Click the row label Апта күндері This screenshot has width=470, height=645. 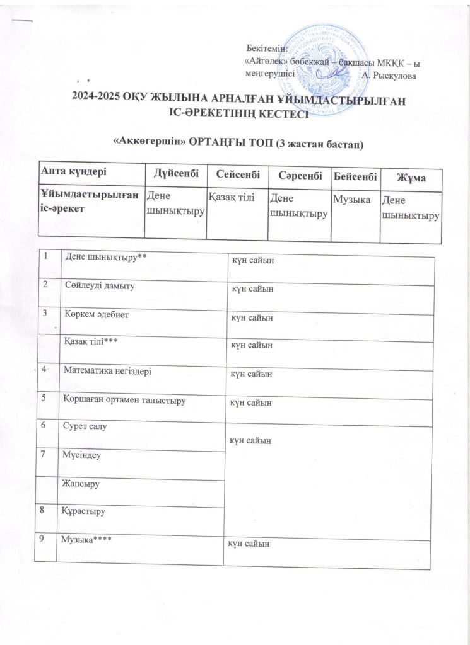point(74,171)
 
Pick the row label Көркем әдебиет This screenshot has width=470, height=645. point(95,314)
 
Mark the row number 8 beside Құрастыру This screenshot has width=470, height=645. point(45,510)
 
